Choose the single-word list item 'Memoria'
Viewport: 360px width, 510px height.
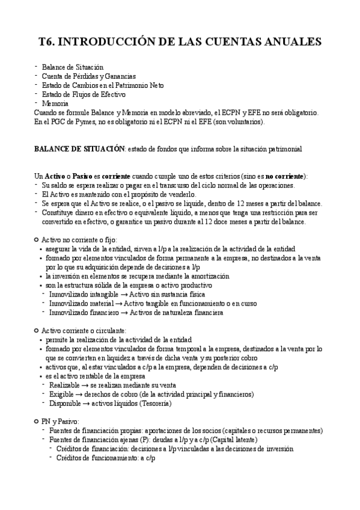point(55,103)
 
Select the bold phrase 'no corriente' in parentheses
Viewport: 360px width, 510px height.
point(285,176)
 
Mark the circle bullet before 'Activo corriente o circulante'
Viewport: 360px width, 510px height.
point(37,331)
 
